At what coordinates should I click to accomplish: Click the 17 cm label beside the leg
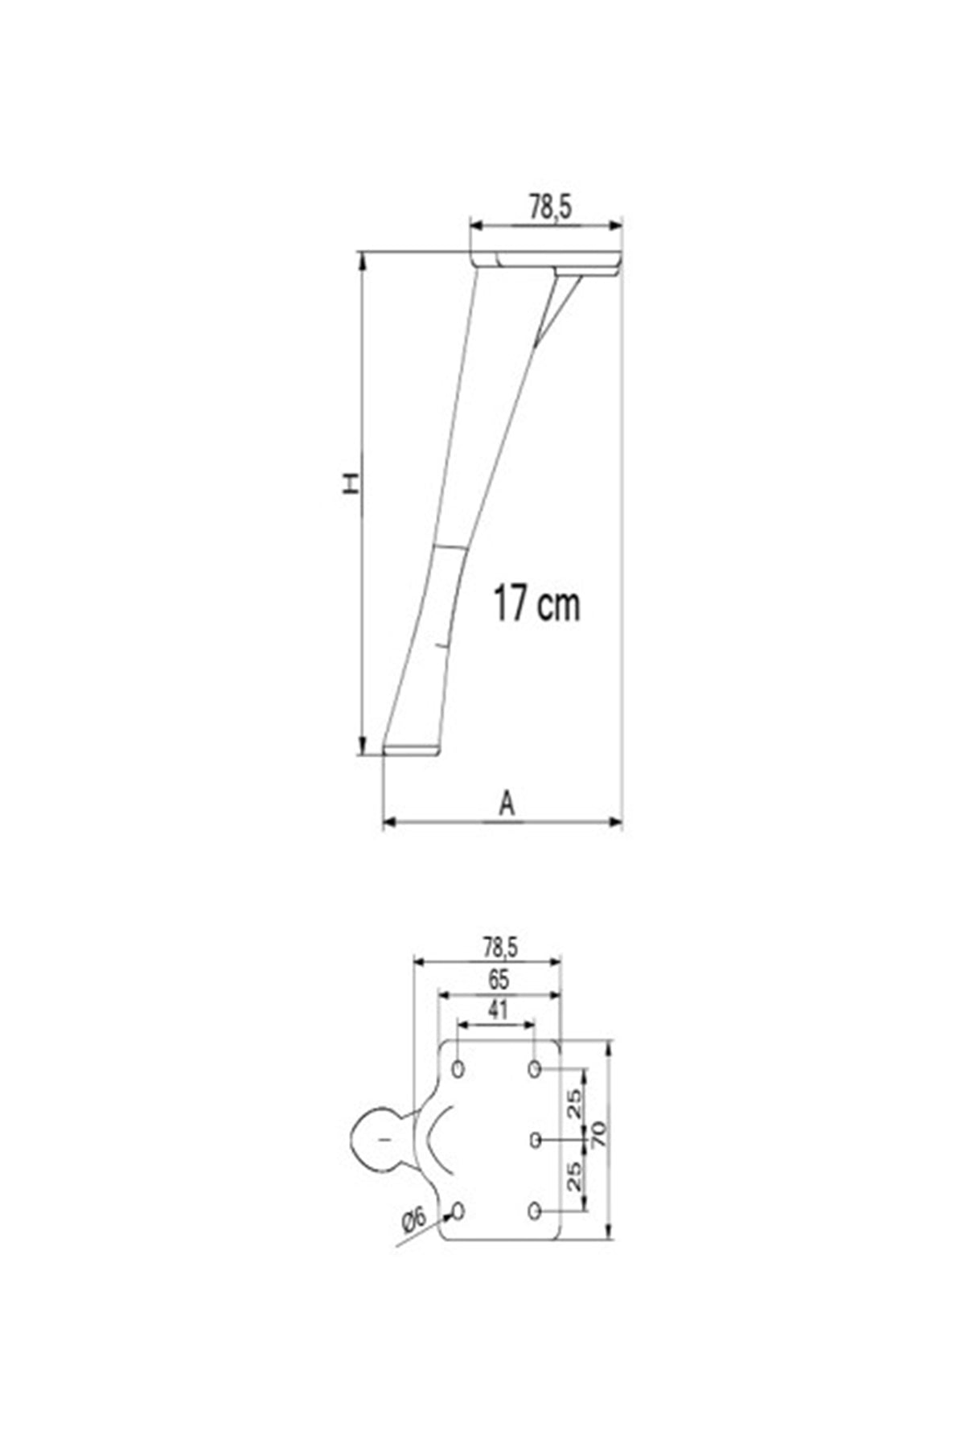536,604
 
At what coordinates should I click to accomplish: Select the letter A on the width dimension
506,804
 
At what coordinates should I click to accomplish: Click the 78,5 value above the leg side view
549,208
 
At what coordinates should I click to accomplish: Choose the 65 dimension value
499,980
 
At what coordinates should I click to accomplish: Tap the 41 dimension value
499,1010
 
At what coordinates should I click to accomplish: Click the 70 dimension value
599,1135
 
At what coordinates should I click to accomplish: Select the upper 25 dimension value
574,1104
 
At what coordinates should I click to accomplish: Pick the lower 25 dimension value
574,1176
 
